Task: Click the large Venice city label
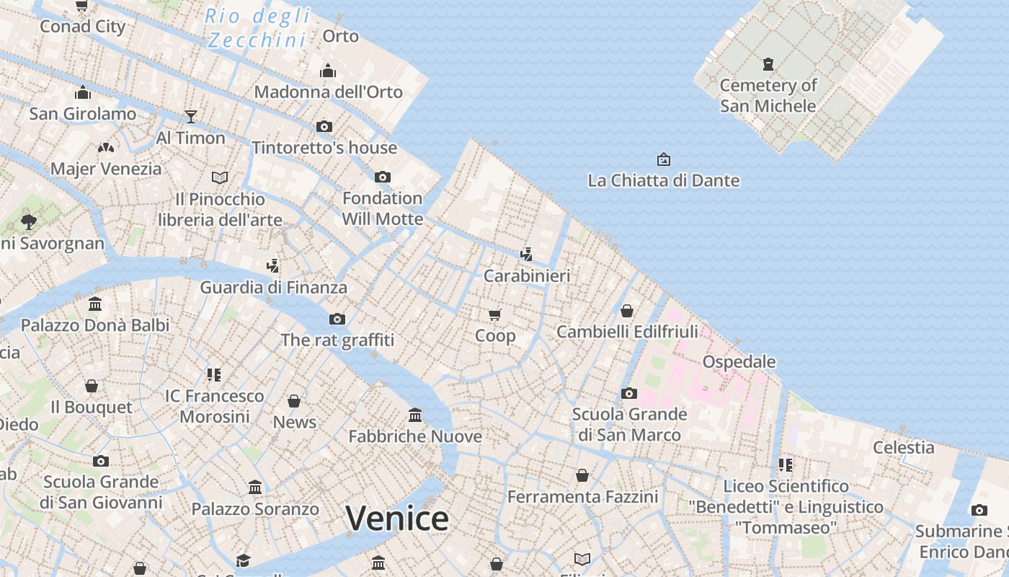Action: click(397, 518)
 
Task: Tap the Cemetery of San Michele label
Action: click(768, 95)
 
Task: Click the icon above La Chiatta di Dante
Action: click(663, 159)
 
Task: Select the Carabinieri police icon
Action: click(527, 254)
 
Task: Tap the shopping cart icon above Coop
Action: click(495, 314)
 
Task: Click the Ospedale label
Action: click(739, 361)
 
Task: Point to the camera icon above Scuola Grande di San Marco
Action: click(629, 393)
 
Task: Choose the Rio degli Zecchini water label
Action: click(258, 28)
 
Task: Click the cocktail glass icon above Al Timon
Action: click(190, 116)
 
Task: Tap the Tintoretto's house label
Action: click(324, 148)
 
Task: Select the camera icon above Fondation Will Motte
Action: click(382, 177)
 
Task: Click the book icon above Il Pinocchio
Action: click(220, 177)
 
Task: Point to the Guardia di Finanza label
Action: click(273, 287)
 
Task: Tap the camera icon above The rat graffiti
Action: click(337, 319)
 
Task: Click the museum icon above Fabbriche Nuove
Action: click(415, 415)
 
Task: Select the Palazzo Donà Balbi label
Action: click(95, 325)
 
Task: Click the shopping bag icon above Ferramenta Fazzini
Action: click(582, 475)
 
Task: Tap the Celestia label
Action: click(903, 447)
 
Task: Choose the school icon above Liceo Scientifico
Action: click(785, 464)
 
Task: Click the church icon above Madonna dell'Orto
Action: click(328, 71)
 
